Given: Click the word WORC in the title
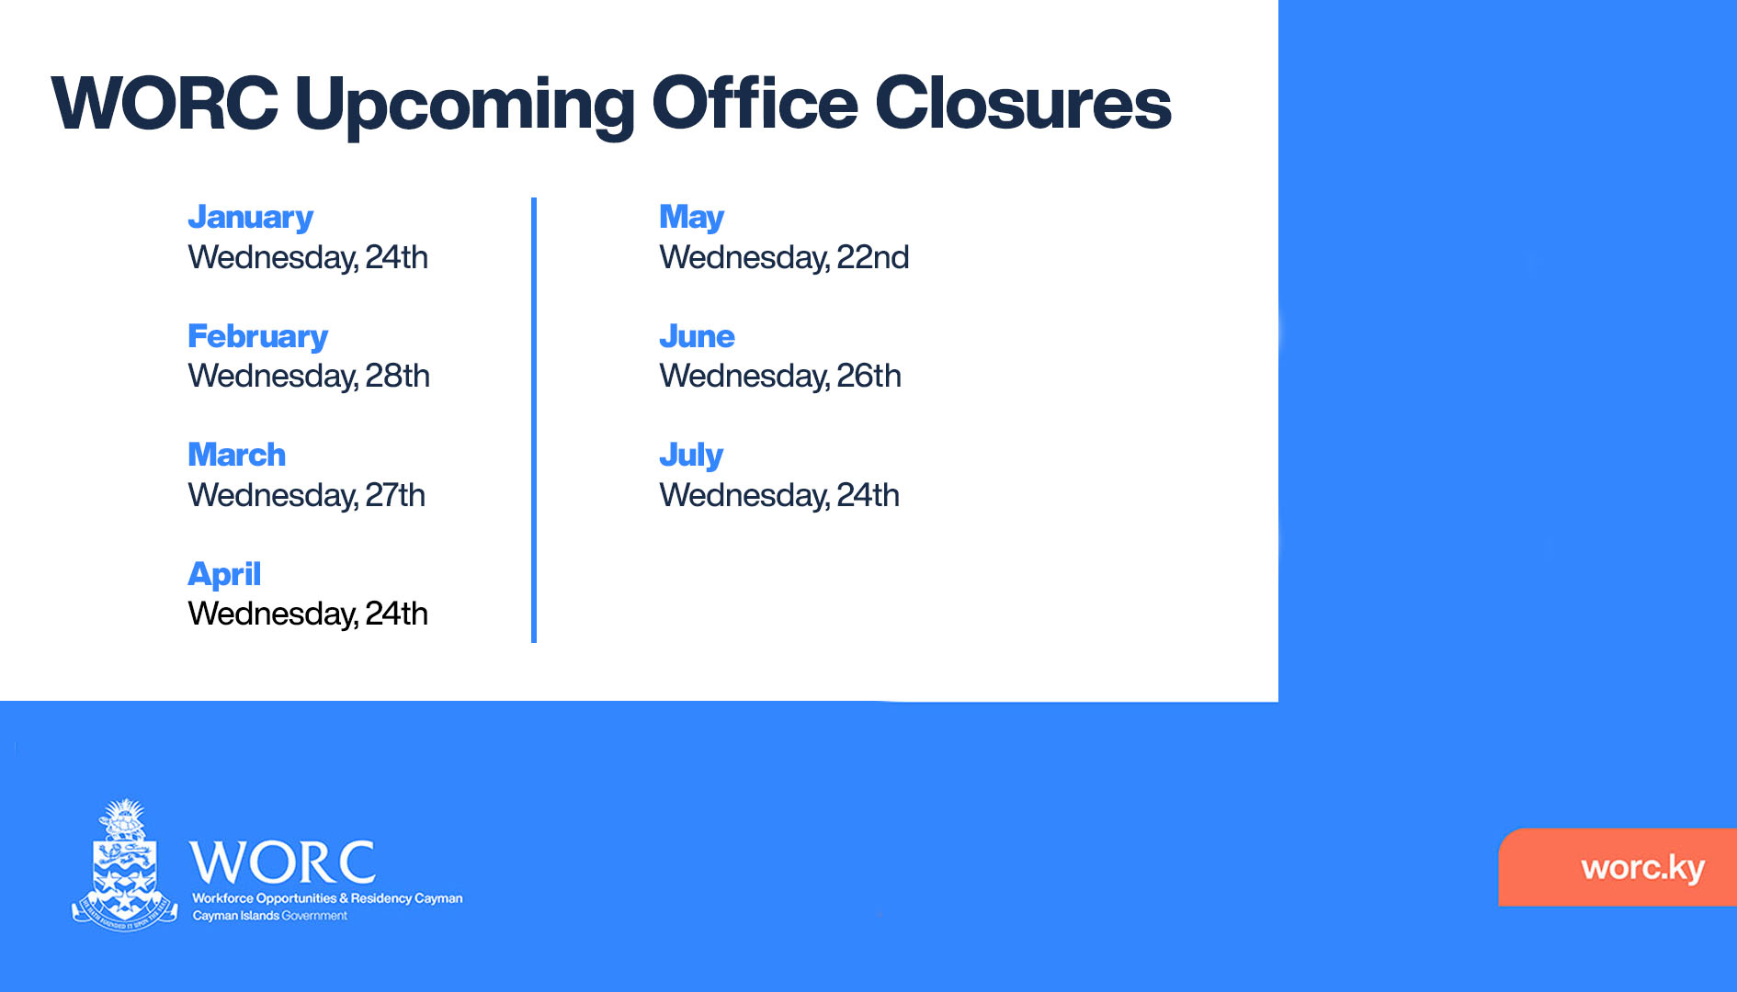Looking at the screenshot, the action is (165, 103).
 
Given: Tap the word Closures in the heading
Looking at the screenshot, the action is (1023, 103).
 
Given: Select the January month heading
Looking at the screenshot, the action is (251, 218).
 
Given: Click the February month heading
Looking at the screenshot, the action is (258, 337).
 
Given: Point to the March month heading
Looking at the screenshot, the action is (237, 455).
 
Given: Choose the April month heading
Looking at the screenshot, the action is (224, 575).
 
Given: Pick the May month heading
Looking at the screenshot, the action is (692, 218).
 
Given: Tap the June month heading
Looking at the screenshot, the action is (698, 336).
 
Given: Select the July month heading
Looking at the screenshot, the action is (692, 456).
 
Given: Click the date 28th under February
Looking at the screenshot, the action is (397, 376).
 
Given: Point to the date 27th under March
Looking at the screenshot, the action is (395, 495).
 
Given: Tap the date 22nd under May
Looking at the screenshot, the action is (873, 257).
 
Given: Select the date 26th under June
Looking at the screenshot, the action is (869, 376).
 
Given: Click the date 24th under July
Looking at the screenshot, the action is (868, 495).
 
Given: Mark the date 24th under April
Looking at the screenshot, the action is (396, 614).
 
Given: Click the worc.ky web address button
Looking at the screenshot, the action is (1618, 867).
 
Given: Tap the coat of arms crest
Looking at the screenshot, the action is (125, 865).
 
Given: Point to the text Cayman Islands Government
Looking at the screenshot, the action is (270, 916).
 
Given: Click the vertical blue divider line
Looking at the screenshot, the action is (534, 420).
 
